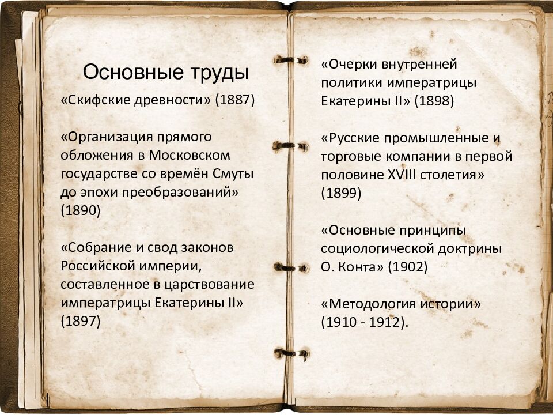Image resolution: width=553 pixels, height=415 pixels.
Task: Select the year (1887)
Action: pos(235,100)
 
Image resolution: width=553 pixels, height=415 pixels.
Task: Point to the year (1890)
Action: pos(81,211)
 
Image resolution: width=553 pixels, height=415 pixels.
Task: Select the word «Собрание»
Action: pos(94,248)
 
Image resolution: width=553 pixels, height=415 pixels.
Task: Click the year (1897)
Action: pos(81,322)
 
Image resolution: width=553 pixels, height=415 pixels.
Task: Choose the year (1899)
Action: pos(342,193)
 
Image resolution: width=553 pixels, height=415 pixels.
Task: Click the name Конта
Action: pos(362,267)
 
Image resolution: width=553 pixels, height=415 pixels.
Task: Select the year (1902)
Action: pos(408,267)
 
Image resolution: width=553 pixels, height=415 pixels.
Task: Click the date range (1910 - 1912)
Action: pos(364,322)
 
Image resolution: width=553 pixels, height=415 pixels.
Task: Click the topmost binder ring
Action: pos(291,59)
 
